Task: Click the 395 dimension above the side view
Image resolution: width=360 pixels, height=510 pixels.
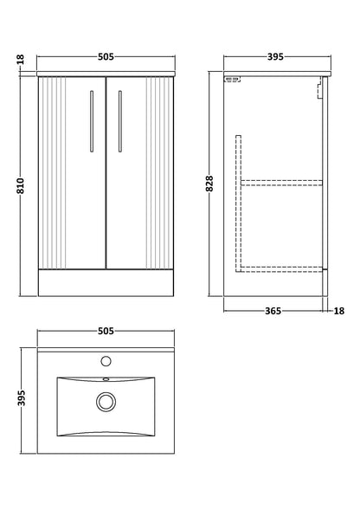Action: tap(274, 58)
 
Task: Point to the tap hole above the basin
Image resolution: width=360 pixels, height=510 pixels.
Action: tap(107, 359)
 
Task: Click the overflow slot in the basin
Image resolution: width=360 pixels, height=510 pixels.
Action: tap(107, 378)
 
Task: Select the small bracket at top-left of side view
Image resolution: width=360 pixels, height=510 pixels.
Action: tap(231, 80)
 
